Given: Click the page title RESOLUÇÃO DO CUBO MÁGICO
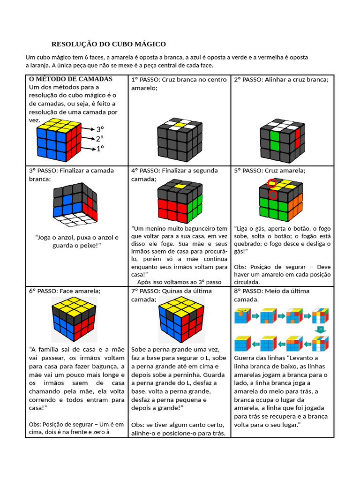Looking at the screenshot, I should point(108,44).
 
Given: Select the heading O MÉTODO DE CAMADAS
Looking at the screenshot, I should point(71,79).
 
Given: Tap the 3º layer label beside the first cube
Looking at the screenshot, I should point(100,129).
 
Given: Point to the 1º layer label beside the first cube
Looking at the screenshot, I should point(100,149).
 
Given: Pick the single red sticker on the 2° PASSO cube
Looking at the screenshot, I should point(298,133).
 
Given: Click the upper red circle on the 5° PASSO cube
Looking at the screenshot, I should point(272,183).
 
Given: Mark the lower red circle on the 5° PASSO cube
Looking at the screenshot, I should point(272,194).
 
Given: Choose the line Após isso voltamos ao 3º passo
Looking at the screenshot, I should point(179,282).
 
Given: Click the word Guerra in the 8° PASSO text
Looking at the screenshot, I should point(245,358).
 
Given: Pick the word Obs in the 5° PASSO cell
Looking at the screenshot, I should point(240,267).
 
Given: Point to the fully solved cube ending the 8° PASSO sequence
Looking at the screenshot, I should point(242,344).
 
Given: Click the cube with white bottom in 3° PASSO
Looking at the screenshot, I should point(76,204).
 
